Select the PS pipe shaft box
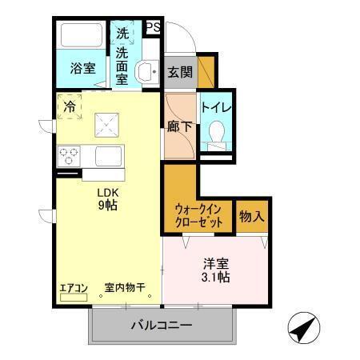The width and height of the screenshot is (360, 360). pos(154,27)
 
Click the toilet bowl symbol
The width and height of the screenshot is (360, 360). pos(214,132)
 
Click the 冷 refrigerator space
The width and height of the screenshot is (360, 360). pos(70,106)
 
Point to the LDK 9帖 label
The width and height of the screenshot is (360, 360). pos(109,198)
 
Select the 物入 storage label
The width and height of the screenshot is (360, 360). pos(251,216)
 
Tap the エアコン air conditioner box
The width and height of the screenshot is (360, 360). pos(74,289)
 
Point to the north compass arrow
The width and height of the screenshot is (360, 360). pos(305,328)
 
